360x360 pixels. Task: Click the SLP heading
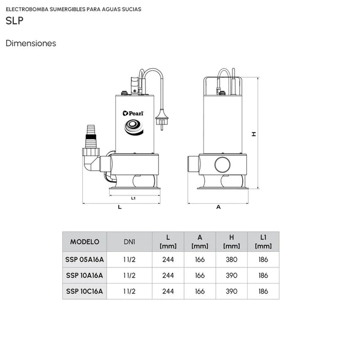(x=14, y=22)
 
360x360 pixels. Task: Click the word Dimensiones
(x=31, y=44)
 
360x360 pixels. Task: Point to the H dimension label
(x=254, y=134)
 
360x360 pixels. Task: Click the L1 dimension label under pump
(x=133, y=197)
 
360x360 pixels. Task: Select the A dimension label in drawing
(x=218, y=207)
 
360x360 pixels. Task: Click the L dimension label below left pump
(x=119, y=207)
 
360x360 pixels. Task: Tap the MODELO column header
(x=84, y=241)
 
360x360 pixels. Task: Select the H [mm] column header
(x=231, y=241)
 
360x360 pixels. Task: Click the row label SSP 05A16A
(x=84, y=260)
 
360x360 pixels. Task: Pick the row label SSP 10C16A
(x=84, y=291)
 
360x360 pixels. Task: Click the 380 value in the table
(x=231, y=260)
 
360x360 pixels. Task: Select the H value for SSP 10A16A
(x=231, y=275)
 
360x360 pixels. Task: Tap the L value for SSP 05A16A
(x=168, y=260)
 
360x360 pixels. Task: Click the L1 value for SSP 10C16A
(x=263, y=291)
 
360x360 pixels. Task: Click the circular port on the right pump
(x=224, y=165)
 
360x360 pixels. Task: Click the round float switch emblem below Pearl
(x=133, y=125)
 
